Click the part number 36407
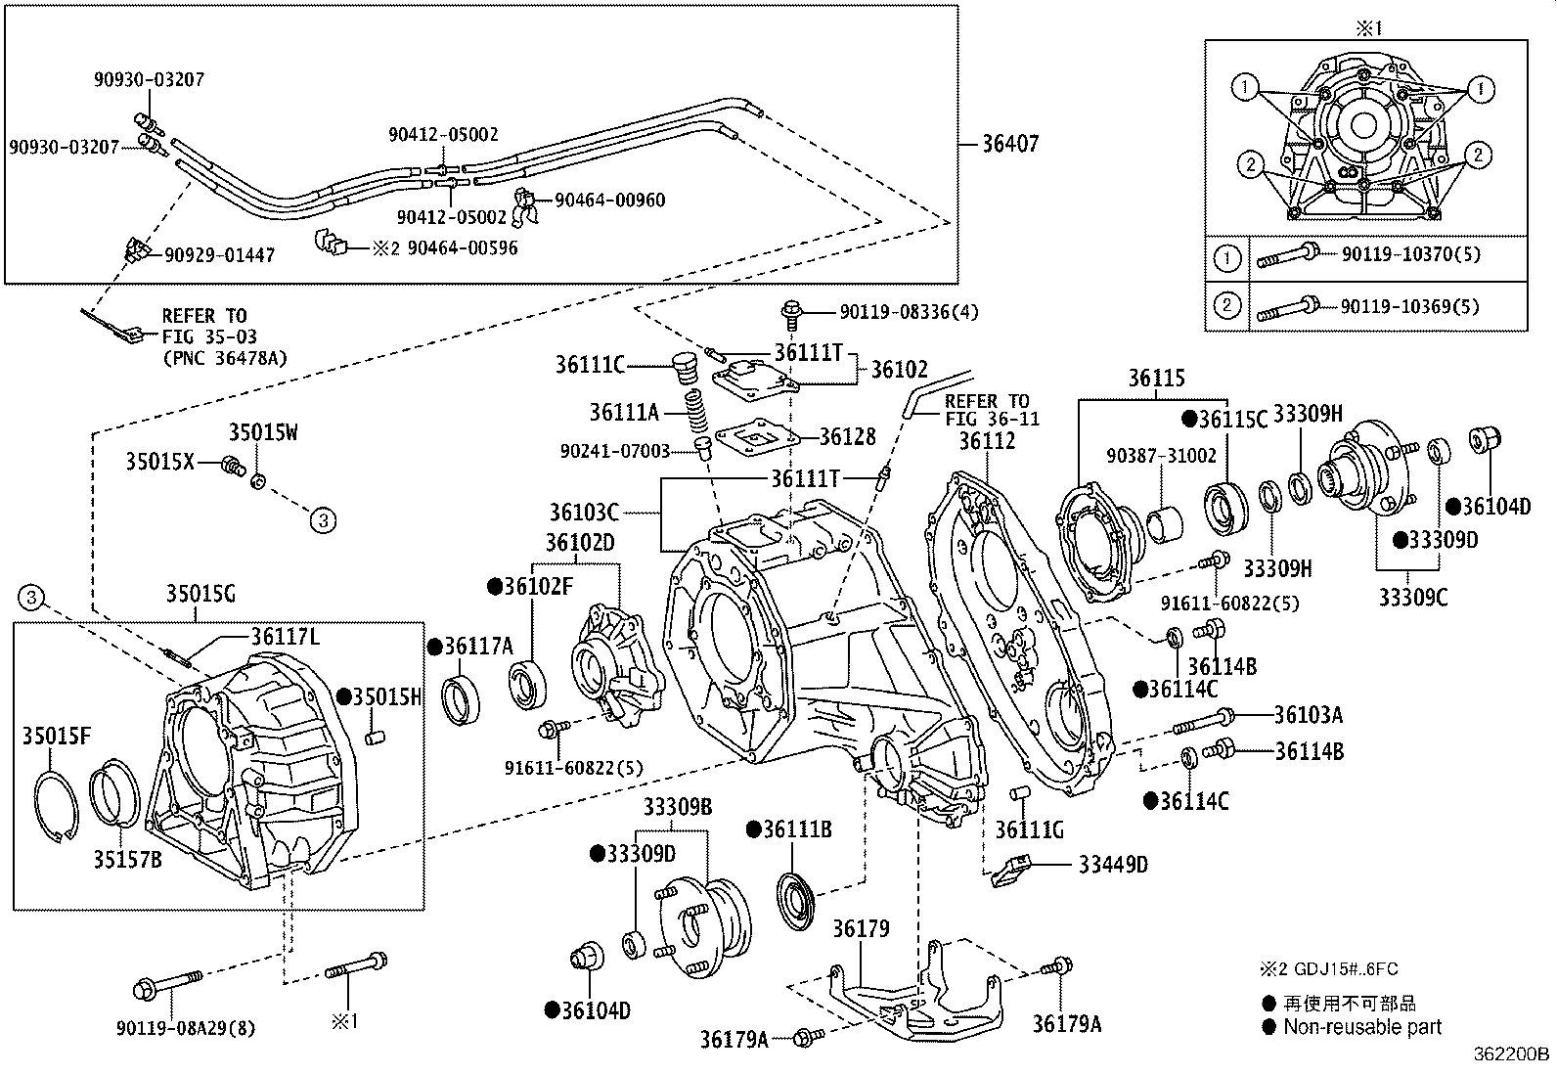1010,145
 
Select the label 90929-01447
219,255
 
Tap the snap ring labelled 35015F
56,802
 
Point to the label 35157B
128,860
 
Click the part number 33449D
1113,865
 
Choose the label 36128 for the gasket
848,437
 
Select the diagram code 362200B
1512,1054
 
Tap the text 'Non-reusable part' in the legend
1362,1027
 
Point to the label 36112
987,441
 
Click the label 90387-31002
1161,457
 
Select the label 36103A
1308,716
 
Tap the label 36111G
1029,830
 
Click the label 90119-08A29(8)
186,1028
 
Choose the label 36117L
286,637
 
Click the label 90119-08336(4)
909,312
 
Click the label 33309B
677,808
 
